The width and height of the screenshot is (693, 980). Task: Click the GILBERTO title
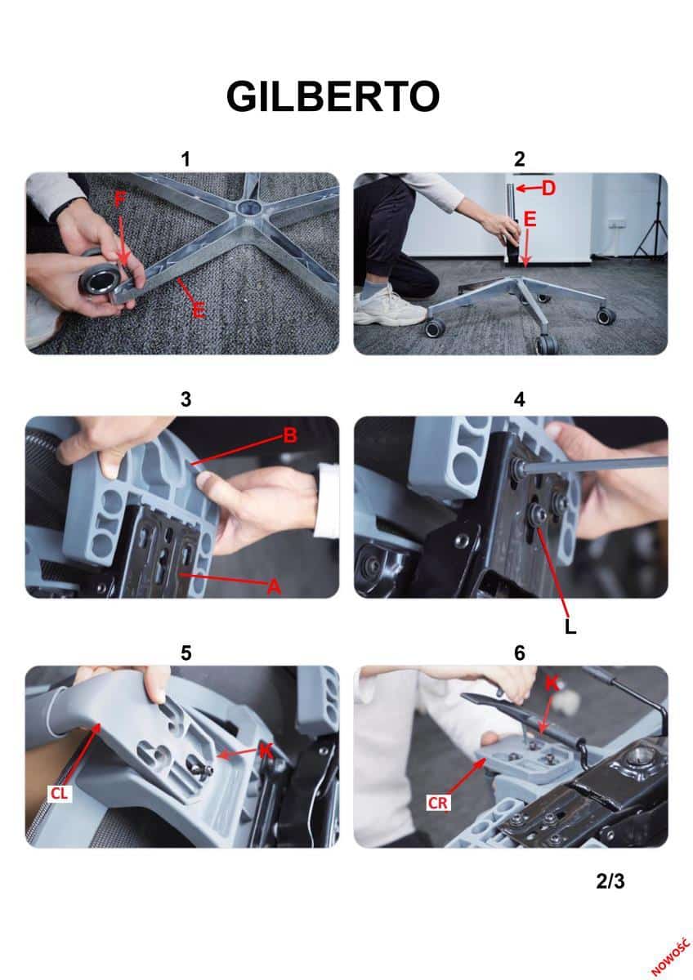tap(333, 96)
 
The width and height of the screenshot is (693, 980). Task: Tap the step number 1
tap(186, 159)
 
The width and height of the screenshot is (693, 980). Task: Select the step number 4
tap(519, 399)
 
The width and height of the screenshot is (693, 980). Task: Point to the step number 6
tap(519, 653)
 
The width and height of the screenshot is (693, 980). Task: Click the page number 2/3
tap(610, 880)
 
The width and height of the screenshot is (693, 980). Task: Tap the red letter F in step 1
tap(119, 199)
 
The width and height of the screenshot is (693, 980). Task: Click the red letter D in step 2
tap(548, 189)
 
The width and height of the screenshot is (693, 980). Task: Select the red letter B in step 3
tap(290, 434)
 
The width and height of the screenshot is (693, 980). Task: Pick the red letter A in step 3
tap(274, 586)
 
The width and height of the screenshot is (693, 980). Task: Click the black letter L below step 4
tap(570, 627)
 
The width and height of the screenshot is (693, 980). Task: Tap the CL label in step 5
tap(60, 793)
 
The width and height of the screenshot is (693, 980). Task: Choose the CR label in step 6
tap(438, 803)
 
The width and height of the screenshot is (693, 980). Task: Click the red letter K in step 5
tap(266, 751)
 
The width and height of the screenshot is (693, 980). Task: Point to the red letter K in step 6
tap(552, 684)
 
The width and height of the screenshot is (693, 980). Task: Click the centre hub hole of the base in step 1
tap(248, 206)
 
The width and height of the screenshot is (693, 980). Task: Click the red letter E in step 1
tap(198, 310)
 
